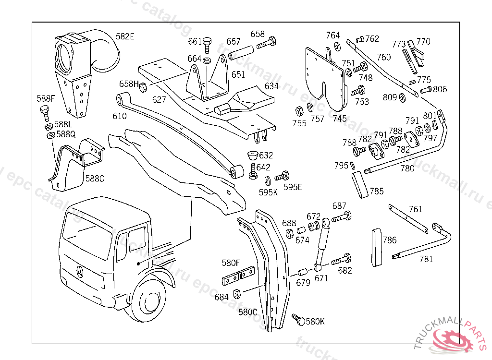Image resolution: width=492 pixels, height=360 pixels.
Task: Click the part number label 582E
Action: point(125,37)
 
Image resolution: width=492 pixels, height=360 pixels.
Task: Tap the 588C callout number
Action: point(95,179)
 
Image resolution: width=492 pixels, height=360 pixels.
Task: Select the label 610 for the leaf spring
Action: point(120,116)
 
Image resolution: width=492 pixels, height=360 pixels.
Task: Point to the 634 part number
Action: point(271,86)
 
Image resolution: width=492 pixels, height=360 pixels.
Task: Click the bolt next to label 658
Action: point(266,43)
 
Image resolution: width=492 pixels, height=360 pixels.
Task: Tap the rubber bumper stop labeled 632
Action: point(250,156)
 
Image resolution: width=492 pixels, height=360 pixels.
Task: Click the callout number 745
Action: point(339,118)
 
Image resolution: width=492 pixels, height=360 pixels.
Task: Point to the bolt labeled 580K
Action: point(298,319)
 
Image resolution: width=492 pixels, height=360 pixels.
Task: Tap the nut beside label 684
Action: point(236,293)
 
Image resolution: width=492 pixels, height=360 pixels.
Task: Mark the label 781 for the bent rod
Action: point(426,259)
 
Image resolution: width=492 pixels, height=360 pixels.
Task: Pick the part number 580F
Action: point(230,263)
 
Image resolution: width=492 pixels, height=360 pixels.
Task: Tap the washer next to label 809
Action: point(402,97)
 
